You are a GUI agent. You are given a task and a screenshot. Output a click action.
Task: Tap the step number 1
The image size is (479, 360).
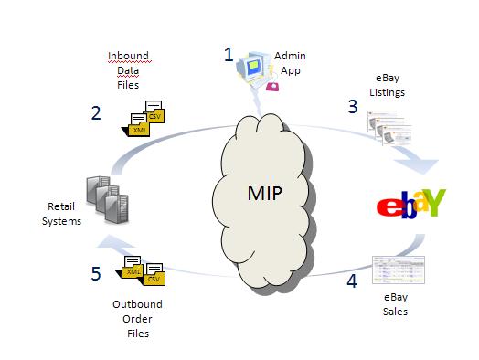point(229,54)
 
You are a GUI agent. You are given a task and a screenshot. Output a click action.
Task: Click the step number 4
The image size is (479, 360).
point(351,281)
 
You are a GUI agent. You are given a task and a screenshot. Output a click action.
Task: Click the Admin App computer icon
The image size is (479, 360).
point(253,73)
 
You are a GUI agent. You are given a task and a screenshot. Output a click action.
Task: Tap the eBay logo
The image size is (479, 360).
point(410,202)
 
